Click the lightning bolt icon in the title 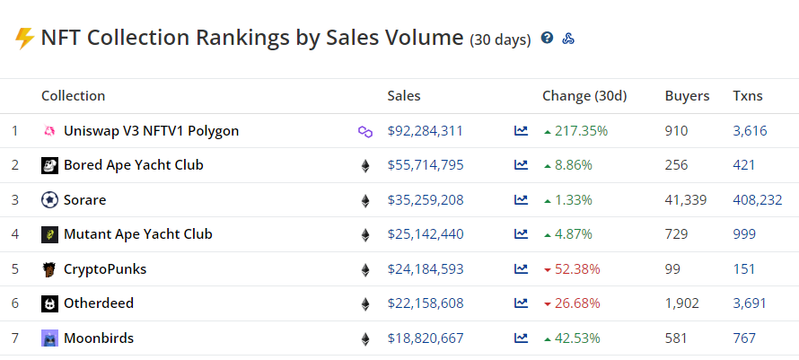tap(24, 39)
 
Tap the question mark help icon tap(547, 39)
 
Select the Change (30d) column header tap(584, 96)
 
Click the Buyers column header tap(687, 96)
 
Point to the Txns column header tap(747, 96)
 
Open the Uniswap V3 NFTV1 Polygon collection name tap(151, 131)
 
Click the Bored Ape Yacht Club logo tap(50, 166)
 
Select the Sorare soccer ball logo tap(50, 200)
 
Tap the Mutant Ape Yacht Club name tap(137, 234)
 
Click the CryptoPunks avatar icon tap(50, 269)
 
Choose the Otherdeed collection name tap(99, 303)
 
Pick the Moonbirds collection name tap(99, 338)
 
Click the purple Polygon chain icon tap(365, 132)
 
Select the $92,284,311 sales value tap(425, 131)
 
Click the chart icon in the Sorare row tap(521, 200)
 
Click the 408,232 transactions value tap(757, 200)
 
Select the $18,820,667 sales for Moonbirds tap(425, 338)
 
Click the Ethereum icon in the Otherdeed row tap(365, 304)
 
